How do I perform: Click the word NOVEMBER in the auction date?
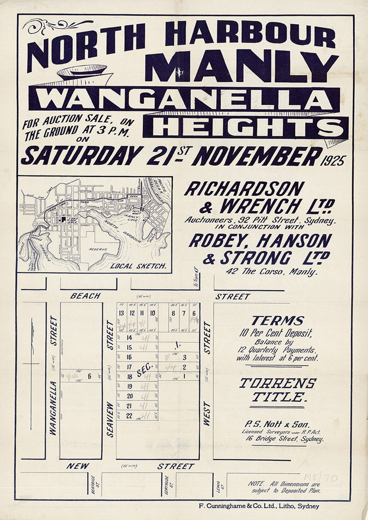tap(257, 156)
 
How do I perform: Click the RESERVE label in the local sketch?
tap(98, 249)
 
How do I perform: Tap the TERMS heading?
tap(277, 321)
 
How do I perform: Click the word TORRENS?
tap(278, 383)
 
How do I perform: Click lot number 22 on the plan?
tap(129, 416)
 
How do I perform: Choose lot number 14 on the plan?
tap(129, 338)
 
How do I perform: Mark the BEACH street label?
tap(85, 296)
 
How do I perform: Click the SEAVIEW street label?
tap(110, 419)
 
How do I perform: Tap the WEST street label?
tap(206, 413)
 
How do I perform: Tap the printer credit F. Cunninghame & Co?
tap(257, 506)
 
